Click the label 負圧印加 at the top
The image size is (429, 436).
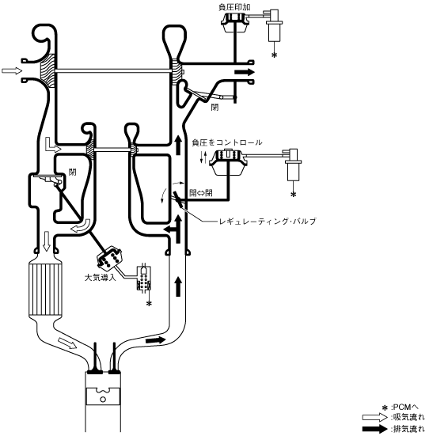(234, 7)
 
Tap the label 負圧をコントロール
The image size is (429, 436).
(227, 142)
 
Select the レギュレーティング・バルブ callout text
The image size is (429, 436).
(268, 222)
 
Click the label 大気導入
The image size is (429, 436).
(100, 277)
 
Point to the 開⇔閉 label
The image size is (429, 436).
(201, 193)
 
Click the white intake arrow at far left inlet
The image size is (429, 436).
(12, 71)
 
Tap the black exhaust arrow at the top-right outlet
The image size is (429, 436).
(245, 72)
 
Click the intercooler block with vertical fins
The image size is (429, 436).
(46, 289)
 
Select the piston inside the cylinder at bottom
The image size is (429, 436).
(103, 396)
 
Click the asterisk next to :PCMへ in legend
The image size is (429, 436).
(385, 408)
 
